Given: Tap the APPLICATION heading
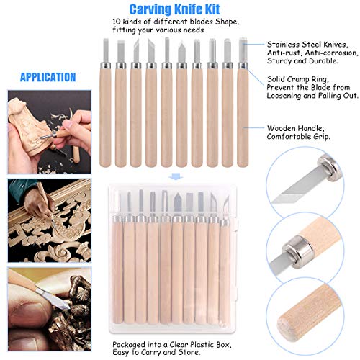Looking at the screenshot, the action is (48, 77).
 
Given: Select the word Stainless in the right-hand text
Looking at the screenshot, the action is (284, 45).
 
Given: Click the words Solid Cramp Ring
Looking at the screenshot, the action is (298, 79).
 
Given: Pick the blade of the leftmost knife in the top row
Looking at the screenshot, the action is (105, 50).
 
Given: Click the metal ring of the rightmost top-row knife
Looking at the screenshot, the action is (243, 66).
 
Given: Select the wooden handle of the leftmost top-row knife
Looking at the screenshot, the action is (105, 117).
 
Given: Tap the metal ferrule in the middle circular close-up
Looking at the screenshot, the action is (297, 250).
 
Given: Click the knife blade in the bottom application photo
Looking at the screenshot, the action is (53, 298).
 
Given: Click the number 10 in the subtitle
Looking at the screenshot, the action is (117, 22).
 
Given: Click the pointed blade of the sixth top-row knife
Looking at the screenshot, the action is (181, 52).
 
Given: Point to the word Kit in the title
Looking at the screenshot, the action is (212, 9).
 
